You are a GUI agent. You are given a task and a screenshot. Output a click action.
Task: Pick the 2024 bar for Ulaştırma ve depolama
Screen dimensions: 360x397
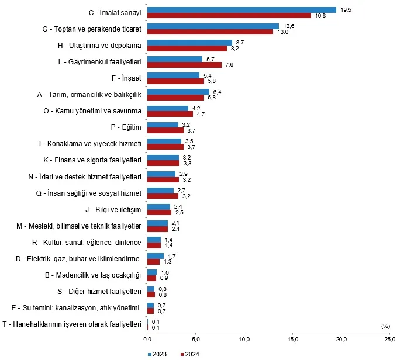(x=187, y=49)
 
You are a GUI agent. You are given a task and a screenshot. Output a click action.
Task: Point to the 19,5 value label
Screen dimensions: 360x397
(x=346, y=9)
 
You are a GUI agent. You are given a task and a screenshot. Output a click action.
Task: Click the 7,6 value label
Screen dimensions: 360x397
(x=230, y=65)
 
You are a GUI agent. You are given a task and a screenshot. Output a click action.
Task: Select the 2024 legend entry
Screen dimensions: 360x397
(x=191, y=354)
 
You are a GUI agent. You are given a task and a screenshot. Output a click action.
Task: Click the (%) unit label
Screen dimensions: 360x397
(x=385, y=326)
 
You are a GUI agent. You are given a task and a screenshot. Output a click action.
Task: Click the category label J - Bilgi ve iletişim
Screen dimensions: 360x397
(x=114, y=209)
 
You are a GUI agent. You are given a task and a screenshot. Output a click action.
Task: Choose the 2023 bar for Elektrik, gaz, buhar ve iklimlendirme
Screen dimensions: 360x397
(x=155, y=255)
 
